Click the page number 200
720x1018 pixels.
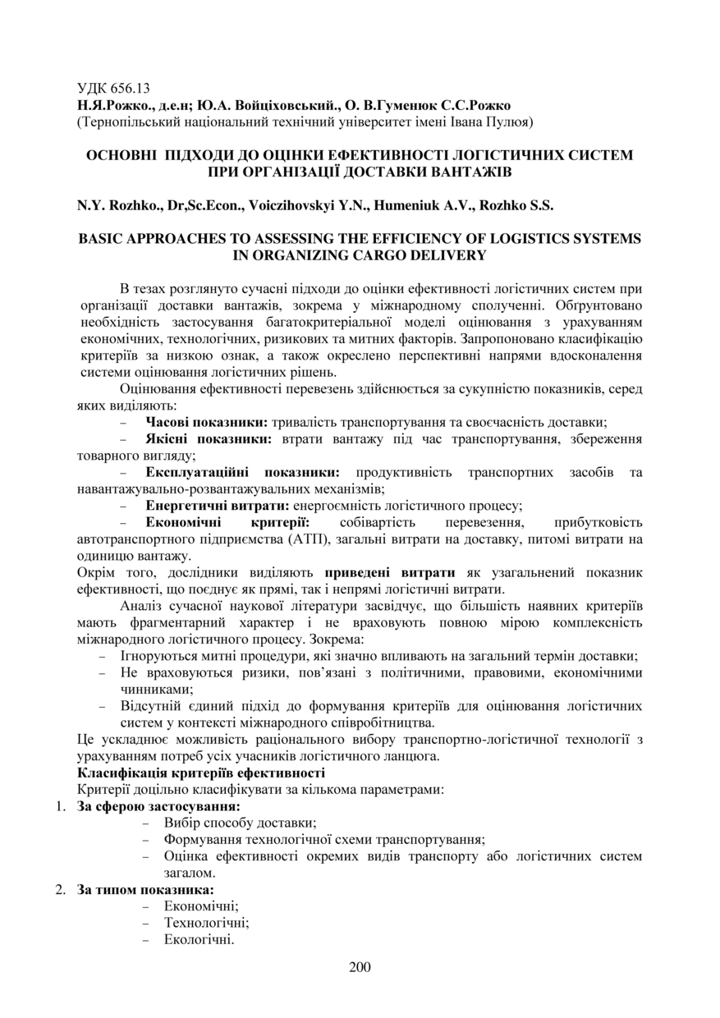click(360, 966)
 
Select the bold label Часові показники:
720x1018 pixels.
click(207, 422)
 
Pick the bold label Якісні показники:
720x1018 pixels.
click(209, 439)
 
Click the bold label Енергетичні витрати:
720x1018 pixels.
click(218, 506)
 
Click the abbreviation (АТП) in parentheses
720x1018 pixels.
click(311, 539)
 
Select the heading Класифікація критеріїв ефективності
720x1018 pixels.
click(201, 773)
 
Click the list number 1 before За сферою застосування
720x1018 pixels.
click(61, 806)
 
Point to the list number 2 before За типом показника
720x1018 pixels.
click(61, 890)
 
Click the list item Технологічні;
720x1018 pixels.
click(206, 923)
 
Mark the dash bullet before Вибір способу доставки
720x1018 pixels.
click(146, 823)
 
